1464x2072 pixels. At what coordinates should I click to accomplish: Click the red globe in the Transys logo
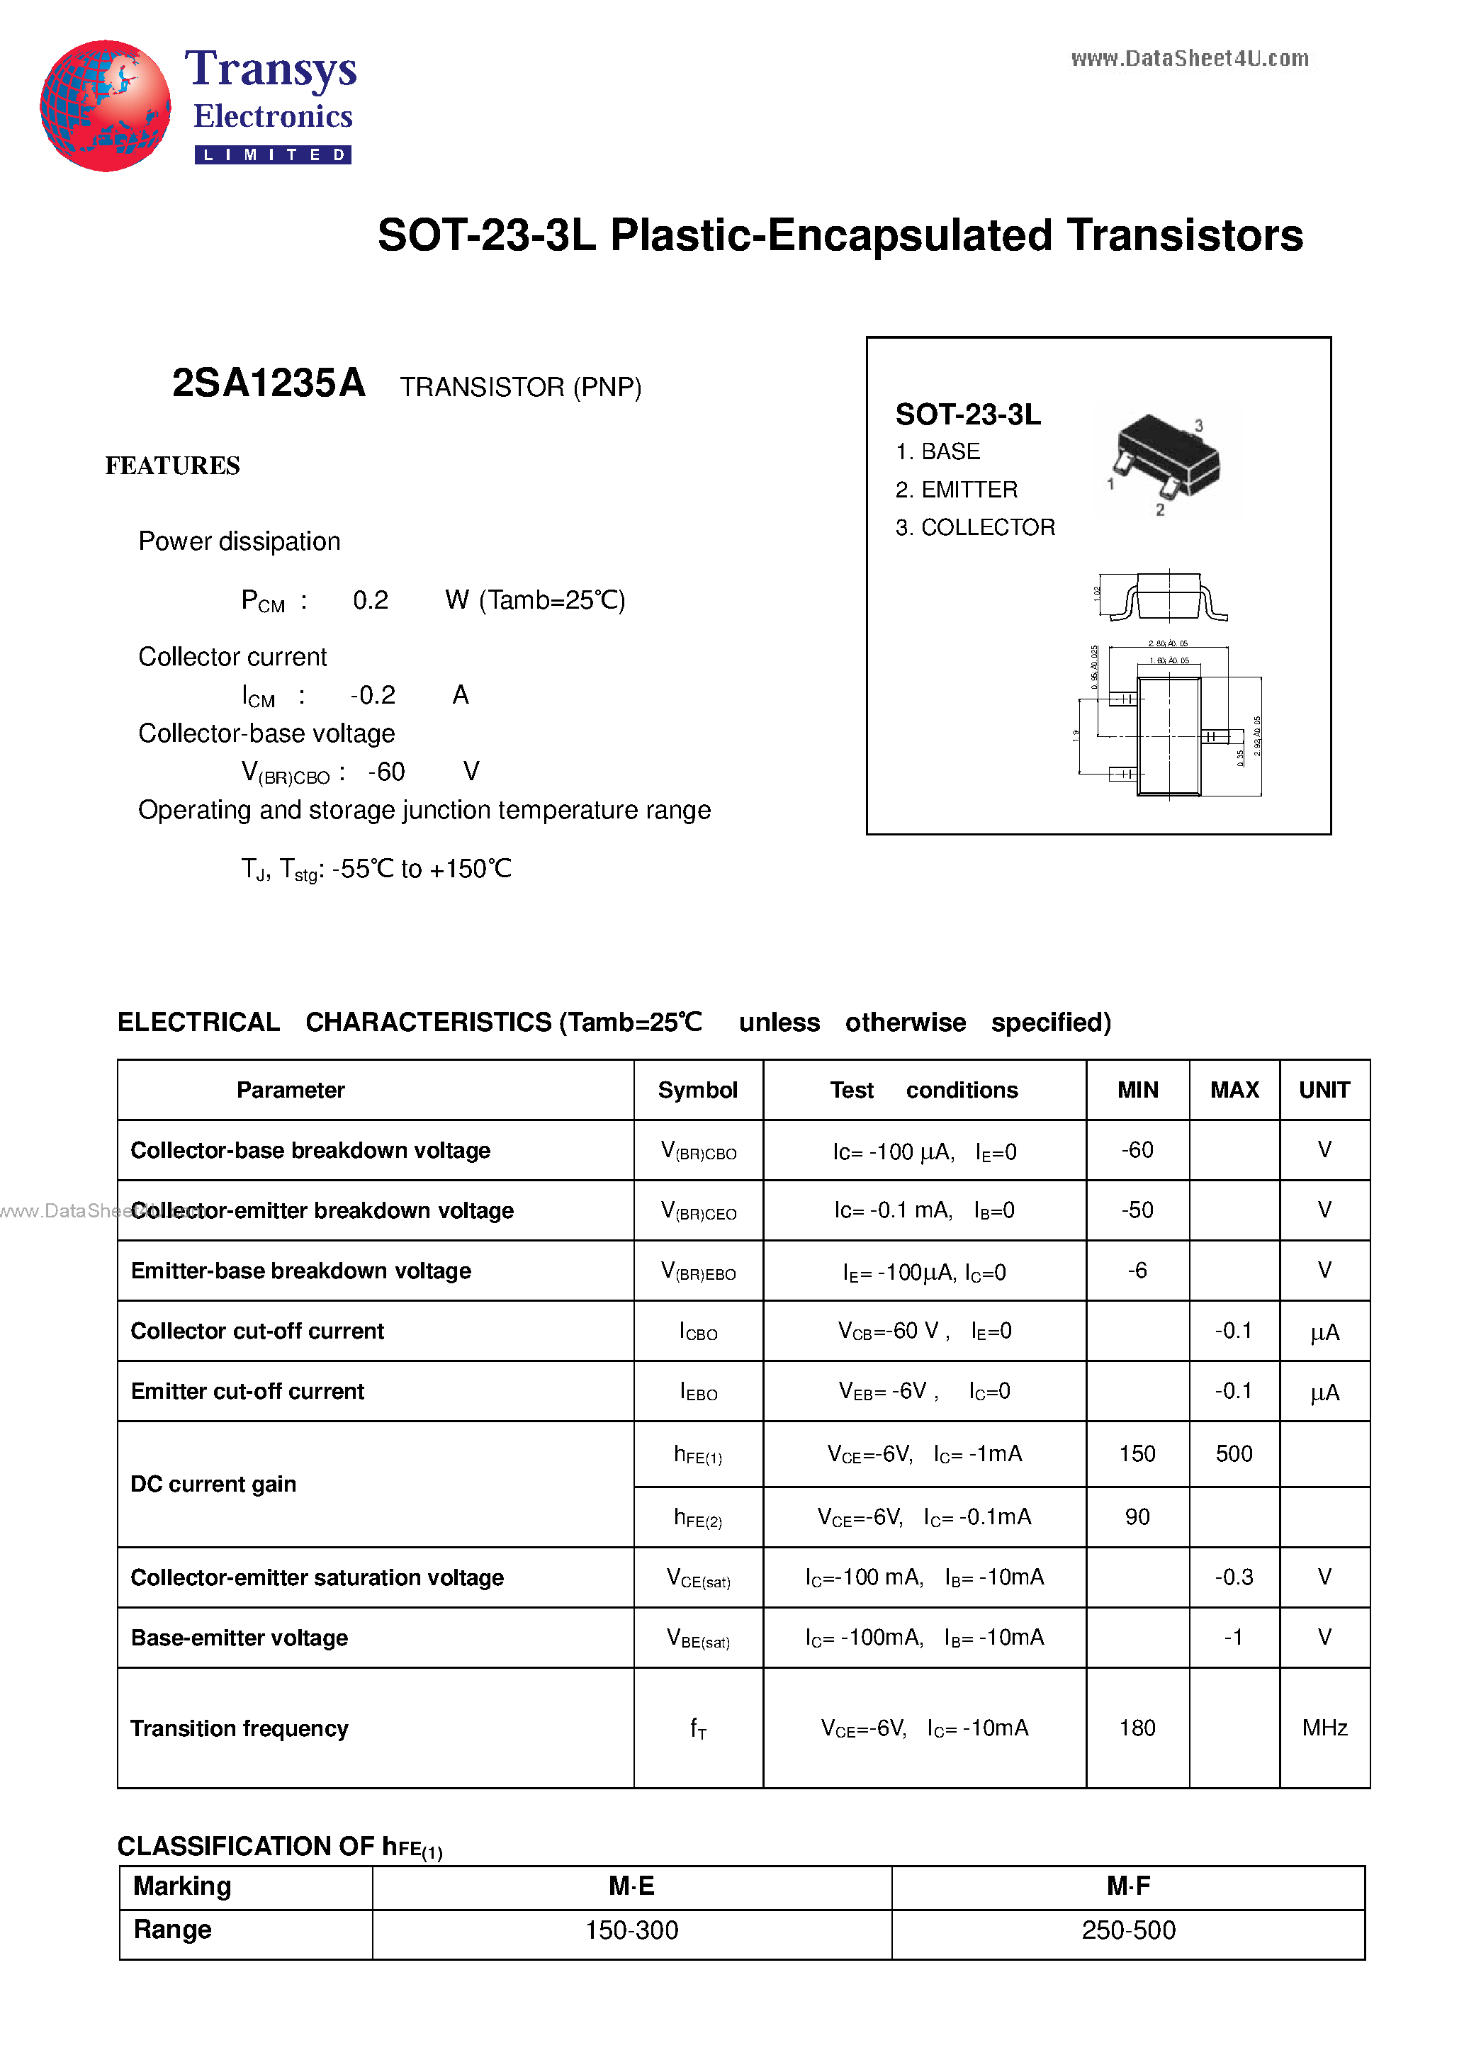[x=105, y=106]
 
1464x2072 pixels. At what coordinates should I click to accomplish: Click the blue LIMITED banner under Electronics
[x=273, y=155]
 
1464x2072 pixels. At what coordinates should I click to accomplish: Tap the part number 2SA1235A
[x=268, y=383]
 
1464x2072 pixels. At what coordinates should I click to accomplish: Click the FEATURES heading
[x=172, y=466]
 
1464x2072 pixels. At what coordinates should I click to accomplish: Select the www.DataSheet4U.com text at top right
[x=1189, y=60]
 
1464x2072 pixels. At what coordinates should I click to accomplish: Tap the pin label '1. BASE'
[x=937, y=451]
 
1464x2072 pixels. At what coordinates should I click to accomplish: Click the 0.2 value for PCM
[x=370, y=600]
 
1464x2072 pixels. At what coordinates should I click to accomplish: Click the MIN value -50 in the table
[x=1137, y=1210]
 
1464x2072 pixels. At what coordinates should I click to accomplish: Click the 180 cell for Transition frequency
[x=1137, y=1728]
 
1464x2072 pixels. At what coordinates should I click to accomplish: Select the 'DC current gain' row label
[x=213, y=1485]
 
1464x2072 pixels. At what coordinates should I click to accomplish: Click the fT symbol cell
[x=698, y=1728]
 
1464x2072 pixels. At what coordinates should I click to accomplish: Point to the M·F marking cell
[x=1127, y=1886]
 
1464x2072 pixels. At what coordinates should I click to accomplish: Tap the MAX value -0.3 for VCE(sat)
[x=1233, y=1577]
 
